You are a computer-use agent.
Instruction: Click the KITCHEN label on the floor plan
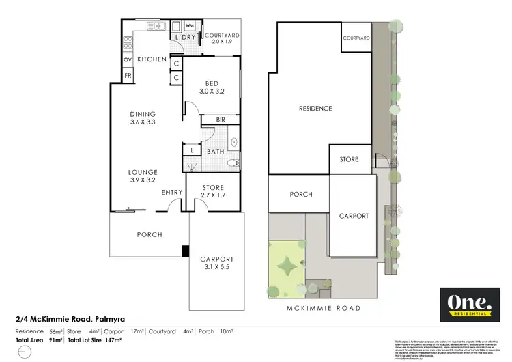point(152,59)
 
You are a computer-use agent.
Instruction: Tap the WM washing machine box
point(190,26)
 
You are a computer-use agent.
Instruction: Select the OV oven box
point(128,59)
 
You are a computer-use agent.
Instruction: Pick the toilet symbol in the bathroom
point(232,163)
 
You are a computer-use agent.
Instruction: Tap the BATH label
point(216,152)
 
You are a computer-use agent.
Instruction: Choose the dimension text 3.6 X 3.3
point(143,123)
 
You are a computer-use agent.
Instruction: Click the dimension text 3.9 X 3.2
point(143,181)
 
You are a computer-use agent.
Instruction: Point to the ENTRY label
point(172,192)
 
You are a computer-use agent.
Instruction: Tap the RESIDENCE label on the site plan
point(315,108)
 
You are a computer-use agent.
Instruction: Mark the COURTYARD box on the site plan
point(356,38)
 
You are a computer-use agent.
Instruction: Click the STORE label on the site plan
point(349,159)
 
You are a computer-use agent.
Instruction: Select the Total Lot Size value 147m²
point(113,339)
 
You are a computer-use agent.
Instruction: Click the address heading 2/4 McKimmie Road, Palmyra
point(70,318)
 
